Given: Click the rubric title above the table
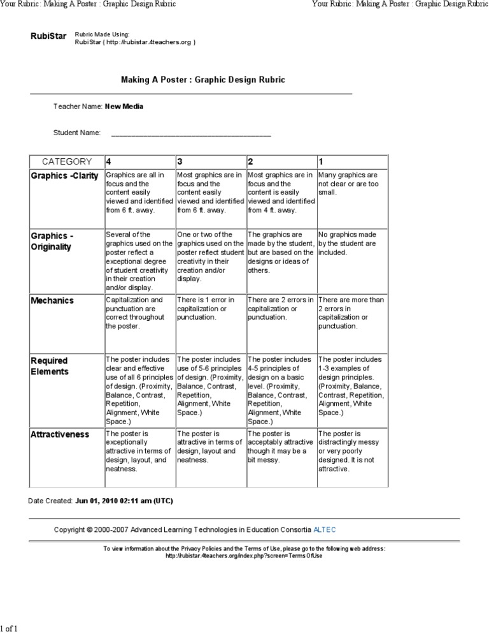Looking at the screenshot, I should [x=203, y=80].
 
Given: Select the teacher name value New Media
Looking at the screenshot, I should [x=124, y=107].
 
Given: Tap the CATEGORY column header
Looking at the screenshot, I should [x=67, y=161].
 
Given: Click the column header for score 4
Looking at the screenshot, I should [x=110, y=161].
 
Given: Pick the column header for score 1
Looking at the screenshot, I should [x=321, y=161].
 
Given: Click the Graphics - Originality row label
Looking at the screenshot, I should [x=52, y=241].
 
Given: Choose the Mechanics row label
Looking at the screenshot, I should [x=52, y=300].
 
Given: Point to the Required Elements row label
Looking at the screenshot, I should [x=50, y=366].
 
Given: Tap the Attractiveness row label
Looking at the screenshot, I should [x=60, y=434].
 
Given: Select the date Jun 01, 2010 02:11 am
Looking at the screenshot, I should [x=124, y=501].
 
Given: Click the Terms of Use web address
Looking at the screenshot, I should [x=244, y=556].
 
